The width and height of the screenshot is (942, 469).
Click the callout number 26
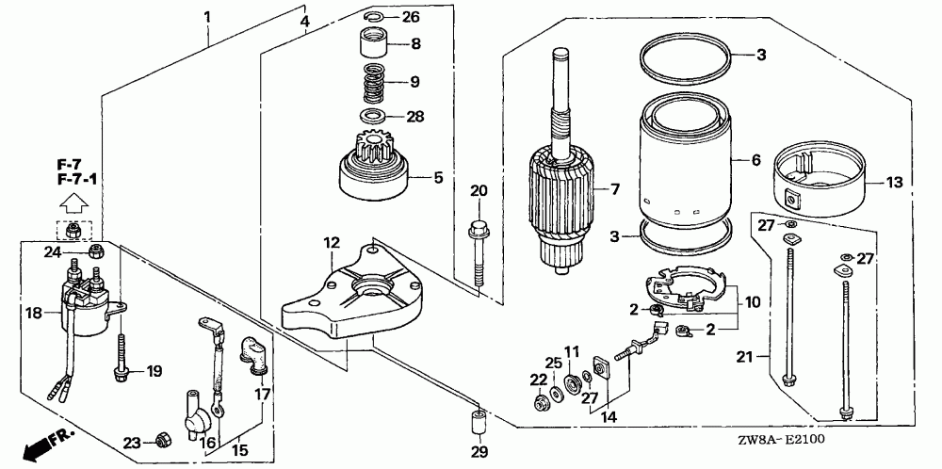[x=411, y=17]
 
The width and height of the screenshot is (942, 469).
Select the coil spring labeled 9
[x=375, y=84]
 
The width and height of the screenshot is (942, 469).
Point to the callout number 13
[x=895, y=182]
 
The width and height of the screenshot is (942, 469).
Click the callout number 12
[x=332, y=243]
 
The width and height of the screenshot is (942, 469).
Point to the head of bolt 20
[x=478, y=229]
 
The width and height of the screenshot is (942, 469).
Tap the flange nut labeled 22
[x=540, y=403]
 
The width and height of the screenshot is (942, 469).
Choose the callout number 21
[x=745, y=357]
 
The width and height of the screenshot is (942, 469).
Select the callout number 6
[x=755, y=160]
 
